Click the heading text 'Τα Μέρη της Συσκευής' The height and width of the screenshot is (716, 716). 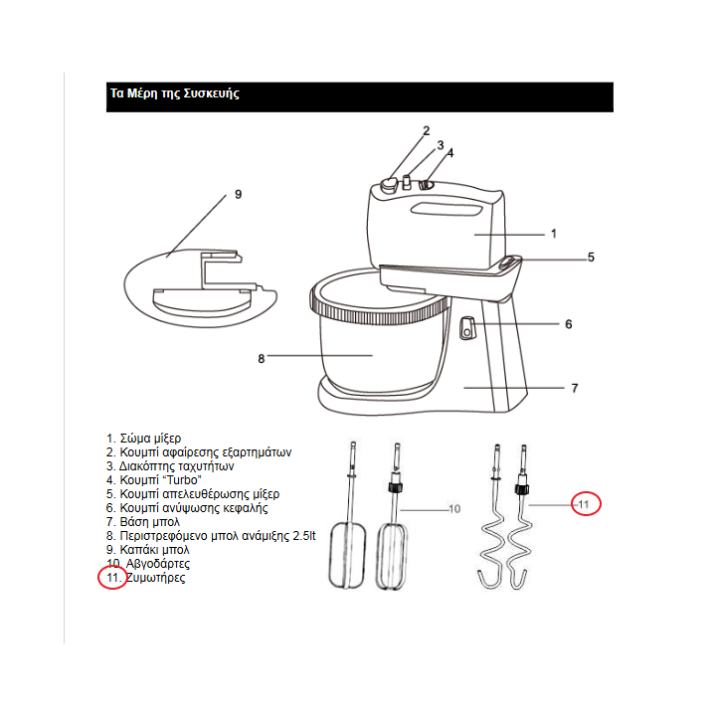pyautogui.click(x=174, y=93)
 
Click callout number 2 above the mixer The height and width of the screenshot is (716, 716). pyautogui.click(x=426, y=131)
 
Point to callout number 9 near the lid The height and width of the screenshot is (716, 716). pyautogui.click(x=238, y=195)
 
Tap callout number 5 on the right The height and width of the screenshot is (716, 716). pyautogui.click(x=591, y=258)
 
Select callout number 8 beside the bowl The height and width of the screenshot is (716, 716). pyautogui.click(x=262, y=359)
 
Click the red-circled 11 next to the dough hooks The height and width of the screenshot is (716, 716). pyautogui.click(x=587, y=504)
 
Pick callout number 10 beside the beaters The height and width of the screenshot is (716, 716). pyautogui.click(x=454, y=509)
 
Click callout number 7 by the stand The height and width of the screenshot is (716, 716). pyautogui.click(x=575, y=389)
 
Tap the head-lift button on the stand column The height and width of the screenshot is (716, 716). pyautogui.click(x=466, y=328)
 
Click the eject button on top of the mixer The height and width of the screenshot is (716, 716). pyautogui.click(x=389, y=185)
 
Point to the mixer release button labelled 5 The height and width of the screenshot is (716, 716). pyautogui.click(x=509, y=263)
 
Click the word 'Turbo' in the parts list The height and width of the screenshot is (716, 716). pyautogui.click(x=184, y=480)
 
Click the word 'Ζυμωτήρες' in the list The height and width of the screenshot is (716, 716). pyautogui.click(x=156, y=578)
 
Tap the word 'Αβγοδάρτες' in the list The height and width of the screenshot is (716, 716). pyautogui.click(x=158, y=564)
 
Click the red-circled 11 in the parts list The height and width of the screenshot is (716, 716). pyautogui.click(x=112, y=578)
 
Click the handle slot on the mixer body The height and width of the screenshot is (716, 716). pyautogui.click(x=447, y=210)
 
